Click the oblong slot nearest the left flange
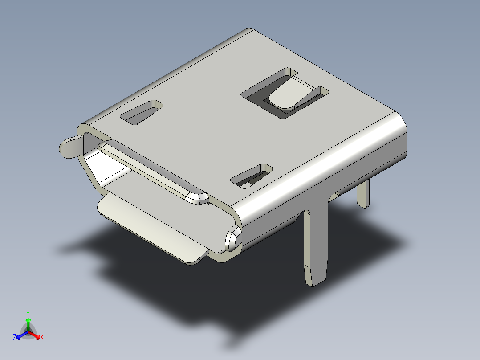click(x=141, y=112)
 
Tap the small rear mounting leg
click(x=363, y=193)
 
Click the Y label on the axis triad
click(x=28, y=313)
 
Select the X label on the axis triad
click(x=41, y=338)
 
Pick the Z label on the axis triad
click(x=15, y=338)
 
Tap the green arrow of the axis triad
click(x=28, y=323)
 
